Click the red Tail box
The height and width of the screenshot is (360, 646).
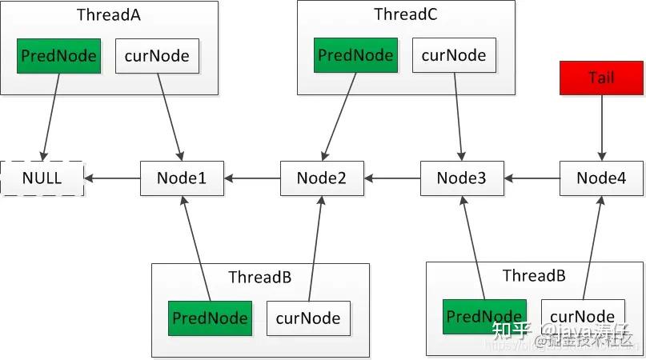601,78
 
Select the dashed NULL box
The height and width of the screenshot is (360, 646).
42,178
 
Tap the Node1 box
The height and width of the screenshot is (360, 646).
182,178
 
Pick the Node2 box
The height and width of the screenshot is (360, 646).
321,178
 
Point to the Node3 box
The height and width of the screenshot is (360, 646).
462,178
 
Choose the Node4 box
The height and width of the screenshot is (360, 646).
601,178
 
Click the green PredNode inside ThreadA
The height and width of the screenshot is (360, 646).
58,56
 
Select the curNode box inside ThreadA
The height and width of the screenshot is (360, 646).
158,56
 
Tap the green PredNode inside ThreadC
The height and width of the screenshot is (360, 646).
355,55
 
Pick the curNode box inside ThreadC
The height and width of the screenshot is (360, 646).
454,55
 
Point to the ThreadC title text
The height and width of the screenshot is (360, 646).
406,14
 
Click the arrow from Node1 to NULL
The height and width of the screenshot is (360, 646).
112,178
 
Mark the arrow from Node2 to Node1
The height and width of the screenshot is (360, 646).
251,178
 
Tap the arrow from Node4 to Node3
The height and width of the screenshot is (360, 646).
532,178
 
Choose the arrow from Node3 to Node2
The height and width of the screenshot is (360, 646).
392,178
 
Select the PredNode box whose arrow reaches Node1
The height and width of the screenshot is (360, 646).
209,318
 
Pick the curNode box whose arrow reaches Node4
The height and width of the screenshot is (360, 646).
583,316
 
